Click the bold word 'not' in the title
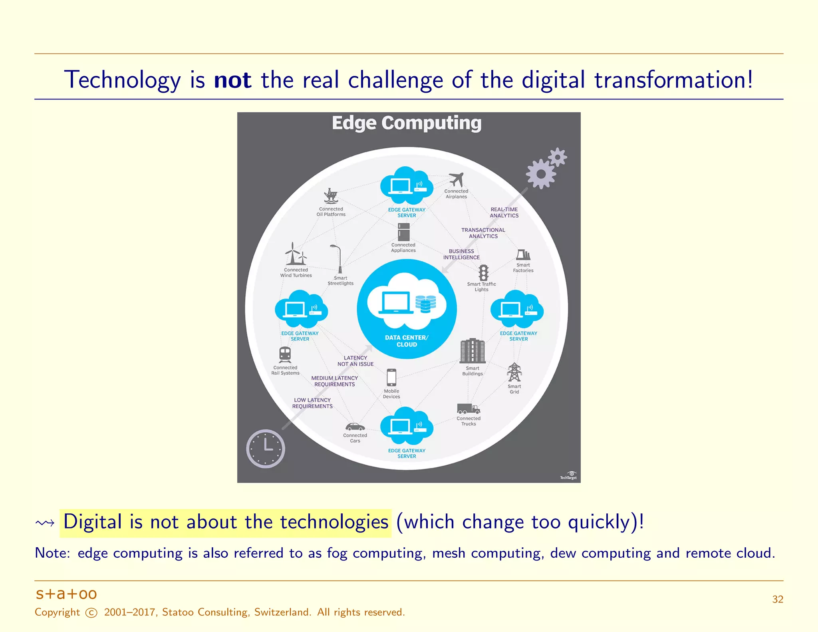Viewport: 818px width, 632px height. (232, 80)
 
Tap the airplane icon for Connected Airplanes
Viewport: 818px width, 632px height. (456, 180)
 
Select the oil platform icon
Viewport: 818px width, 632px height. (331, 196)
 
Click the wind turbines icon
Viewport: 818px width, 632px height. (296, 254)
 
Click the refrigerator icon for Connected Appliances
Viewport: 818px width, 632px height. (403, 232)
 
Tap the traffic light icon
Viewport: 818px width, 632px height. (483, 273)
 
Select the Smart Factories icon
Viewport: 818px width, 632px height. (523, 254)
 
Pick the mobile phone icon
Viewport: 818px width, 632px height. (391, 378)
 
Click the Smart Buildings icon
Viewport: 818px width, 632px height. (473, 351)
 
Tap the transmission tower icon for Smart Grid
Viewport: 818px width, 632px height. (514, 372)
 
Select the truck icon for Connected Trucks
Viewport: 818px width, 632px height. (468, 409)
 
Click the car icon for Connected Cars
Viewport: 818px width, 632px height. (355, 427)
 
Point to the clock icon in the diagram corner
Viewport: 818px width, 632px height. (266, 449)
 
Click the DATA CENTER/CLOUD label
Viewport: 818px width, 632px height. (407, 341)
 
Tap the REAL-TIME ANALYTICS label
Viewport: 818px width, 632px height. (504, 213)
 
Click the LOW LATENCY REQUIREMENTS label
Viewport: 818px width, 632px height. (312, 403)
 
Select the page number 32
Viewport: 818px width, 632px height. (777, 599)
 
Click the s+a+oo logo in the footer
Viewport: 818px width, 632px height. (66, 594)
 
